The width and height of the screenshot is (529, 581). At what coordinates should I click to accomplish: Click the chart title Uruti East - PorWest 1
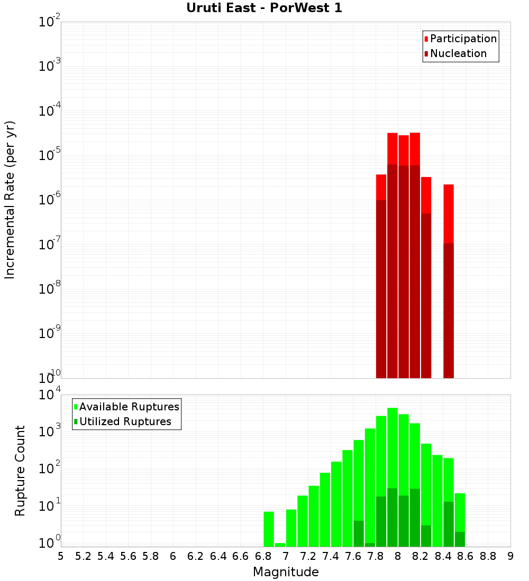264,8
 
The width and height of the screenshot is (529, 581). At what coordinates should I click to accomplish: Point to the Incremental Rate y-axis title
10,200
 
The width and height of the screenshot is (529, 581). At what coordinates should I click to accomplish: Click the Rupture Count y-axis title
20,471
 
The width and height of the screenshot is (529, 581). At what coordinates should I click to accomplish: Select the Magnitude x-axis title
286,572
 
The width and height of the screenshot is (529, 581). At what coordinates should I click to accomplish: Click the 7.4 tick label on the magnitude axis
331,556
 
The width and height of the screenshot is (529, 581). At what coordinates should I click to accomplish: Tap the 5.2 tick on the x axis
83,556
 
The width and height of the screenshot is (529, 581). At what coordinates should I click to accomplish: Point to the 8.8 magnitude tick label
488,556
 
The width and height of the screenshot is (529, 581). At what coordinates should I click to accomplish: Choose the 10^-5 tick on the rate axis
49,155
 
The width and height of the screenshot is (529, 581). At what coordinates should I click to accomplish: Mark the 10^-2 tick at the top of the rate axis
49,22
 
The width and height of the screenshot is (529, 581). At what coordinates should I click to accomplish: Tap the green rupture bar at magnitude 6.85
269,529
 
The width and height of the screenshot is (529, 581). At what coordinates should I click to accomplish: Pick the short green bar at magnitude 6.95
280,545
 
